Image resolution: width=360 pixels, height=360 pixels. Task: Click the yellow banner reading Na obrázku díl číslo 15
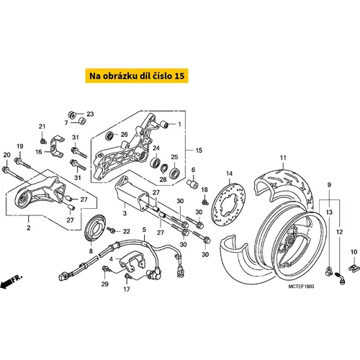click(x=137, y=76)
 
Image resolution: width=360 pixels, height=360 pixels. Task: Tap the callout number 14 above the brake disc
click(x=230, y=174)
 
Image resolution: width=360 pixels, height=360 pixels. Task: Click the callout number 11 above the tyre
click(x=283, y=158)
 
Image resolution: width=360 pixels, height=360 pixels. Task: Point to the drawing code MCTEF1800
click(x=301, y=287)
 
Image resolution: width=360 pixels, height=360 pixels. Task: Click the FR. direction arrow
click(x=11, y=282)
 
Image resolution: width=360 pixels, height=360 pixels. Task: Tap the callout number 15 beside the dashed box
click(x=199, y=150)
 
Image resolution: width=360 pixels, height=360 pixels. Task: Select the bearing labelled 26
click(x=110, y=136)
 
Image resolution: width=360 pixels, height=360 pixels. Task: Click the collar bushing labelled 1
click(x=164, y=125)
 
